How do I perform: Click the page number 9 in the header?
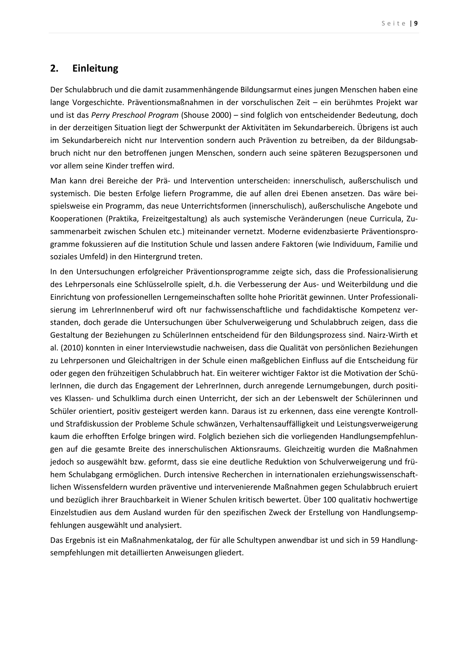coord(416,24)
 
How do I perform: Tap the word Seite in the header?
coord(394,24)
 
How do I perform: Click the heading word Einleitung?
coord(95,68)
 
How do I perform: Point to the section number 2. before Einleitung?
coord(54,68)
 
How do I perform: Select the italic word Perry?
coord(100,115)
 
